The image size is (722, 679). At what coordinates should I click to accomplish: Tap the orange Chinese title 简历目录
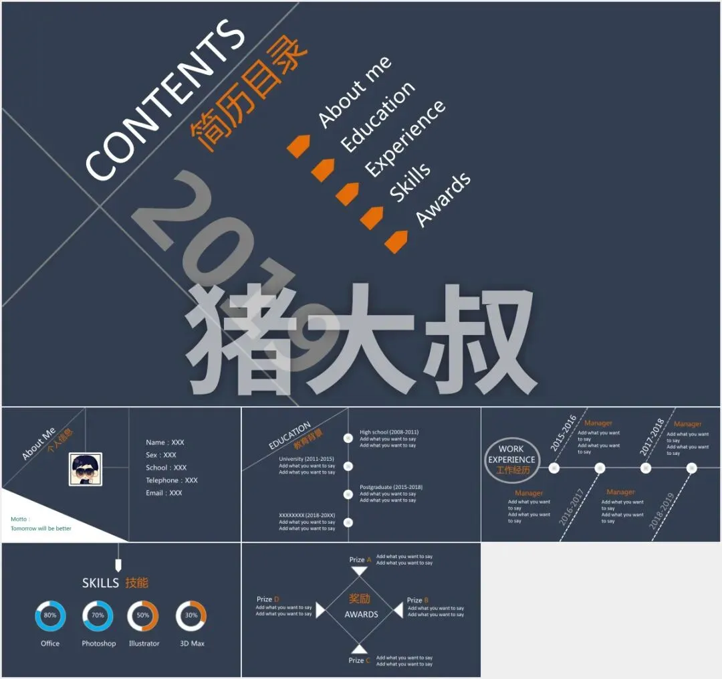tap(248, 94)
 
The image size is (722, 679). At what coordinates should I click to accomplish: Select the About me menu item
tap(355, 92)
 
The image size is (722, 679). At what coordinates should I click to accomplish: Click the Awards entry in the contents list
tap(443, 199)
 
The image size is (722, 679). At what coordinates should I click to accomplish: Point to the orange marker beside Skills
tap(372, 217)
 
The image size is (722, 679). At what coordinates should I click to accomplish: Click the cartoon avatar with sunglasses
tap(86, 469)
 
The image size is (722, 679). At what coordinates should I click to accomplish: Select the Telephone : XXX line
tap(172, 480)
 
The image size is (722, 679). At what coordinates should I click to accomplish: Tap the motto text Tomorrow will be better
tap(41, 528)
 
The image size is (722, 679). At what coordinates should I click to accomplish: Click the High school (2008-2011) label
tap(389, 432)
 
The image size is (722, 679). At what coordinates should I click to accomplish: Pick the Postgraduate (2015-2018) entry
tap(391, 487)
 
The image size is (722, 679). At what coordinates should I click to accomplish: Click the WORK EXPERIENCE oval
tap(511, 459)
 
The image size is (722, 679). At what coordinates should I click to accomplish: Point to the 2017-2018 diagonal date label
tap(652, 437)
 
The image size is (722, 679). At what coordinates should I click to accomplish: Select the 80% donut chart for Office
tap(50, 615)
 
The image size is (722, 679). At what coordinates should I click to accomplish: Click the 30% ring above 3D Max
tap(191, 615)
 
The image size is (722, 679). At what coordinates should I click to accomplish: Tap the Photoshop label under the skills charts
tap(99, 644)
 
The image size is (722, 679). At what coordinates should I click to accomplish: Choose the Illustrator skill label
tap(144, 644)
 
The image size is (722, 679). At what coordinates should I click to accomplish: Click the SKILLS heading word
tap(100, 583)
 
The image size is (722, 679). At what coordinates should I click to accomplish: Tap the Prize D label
tap(267, 599)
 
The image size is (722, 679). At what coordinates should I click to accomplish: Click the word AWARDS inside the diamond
tap(361, 614)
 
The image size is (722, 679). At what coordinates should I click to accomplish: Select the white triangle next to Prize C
tap(360, 649)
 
